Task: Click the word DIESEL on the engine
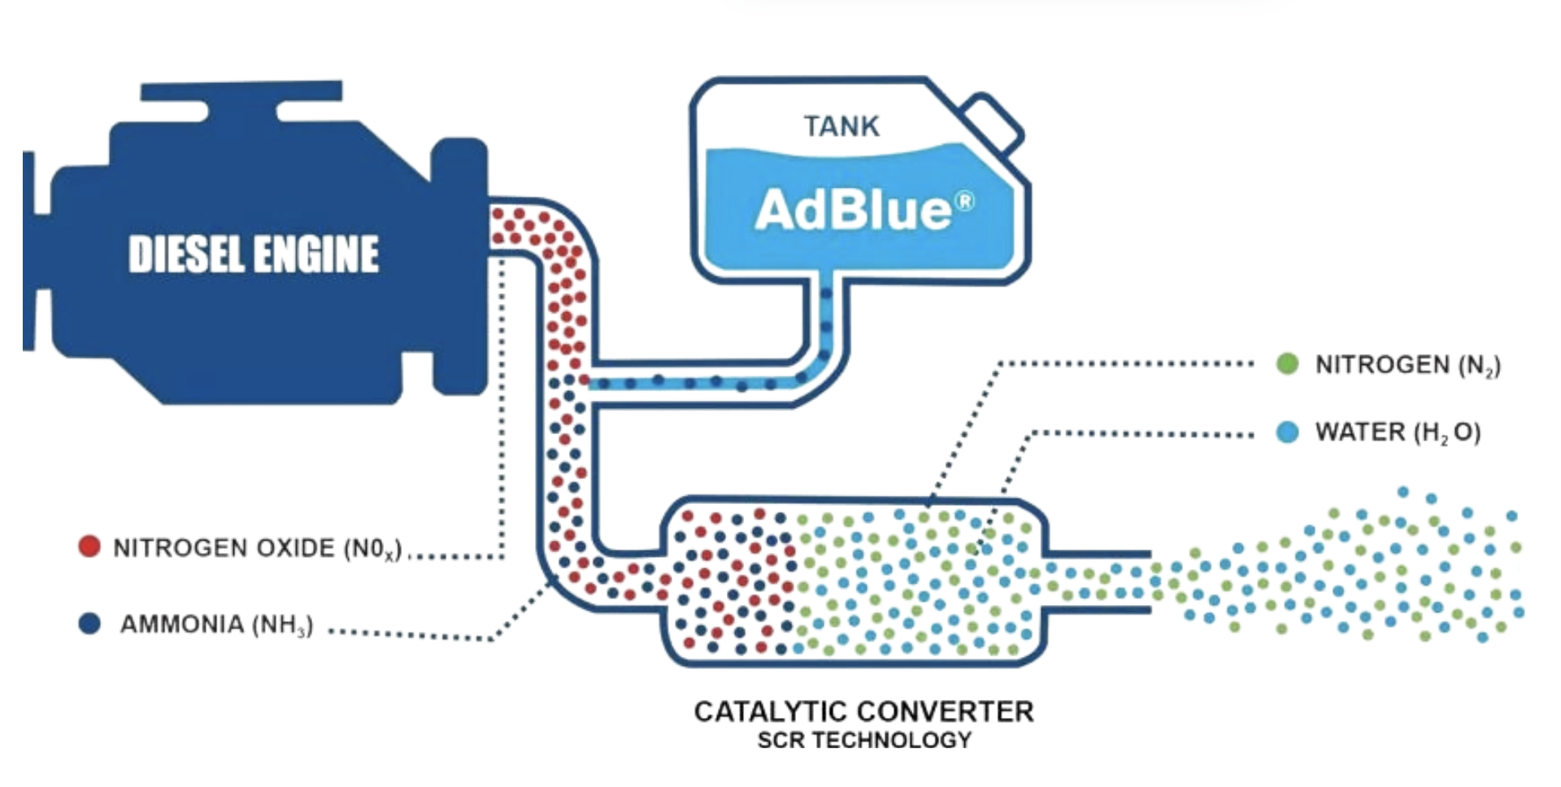pyautogui.click(x=186, y=254)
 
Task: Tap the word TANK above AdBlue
pyautogui.click(x=841, y=127)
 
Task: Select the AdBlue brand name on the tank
pyautogui.click(x=853, y=210)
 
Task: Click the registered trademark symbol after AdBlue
pyautogui.click(x=964, y=200)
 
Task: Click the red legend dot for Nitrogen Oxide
pyautogui.click(x=89, y=546)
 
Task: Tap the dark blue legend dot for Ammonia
pyautogui.click(x=89, y=624)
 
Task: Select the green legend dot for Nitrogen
pyautogui.click(x=1287, y=363)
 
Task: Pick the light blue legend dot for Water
pyautogui.click(x=1287, y=432)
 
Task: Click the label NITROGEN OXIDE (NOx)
pyautogui.click(x=257, y=549)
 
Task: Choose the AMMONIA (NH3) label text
pyautogui.click(x=216, y=625)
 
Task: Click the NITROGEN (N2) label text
pyautogui.click(x=1407, y=365)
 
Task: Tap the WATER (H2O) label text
pyautogui.click(x=1398, y=433)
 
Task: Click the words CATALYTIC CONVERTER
pyautogui.click(x=863, y=712)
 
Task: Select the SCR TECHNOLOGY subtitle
pyautogui.click(x=864, y=741)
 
